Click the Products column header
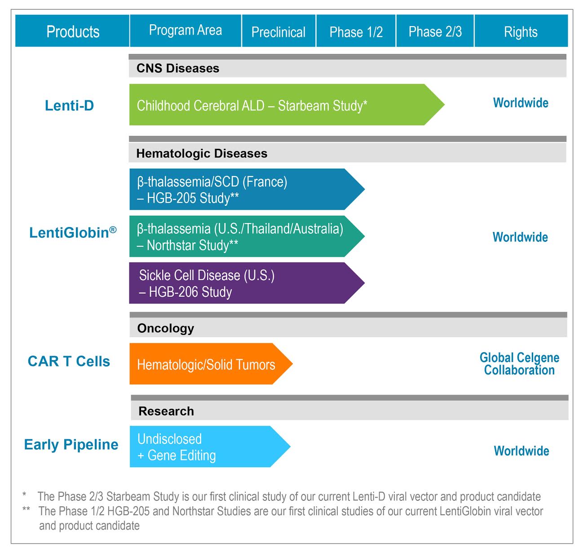[73, 31]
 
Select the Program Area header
[185, 31]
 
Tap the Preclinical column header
[278, 32]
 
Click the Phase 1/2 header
[356, 32]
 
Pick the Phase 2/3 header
[435, 31]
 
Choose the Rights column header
[521, 32]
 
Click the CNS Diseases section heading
[178, 68]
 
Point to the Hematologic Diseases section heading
[202, 154]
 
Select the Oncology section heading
[165, 328]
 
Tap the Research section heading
[166, 411]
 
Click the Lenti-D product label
[69, 106]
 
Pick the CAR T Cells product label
[69, 361]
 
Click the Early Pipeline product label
[71, 445]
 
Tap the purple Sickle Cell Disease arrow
[238, 283]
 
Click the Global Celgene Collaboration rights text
[519, 364]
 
